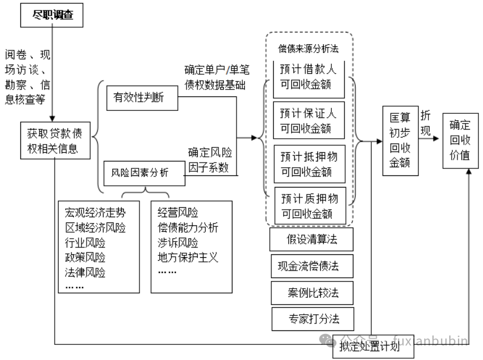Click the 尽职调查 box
(x=52, y=16)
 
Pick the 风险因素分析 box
(x=144, y=173)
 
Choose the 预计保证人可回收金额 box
(x=309, y=119)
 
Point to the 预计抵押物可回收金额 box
(x=309, y=164)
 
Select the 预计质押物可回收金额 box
(x=309, y=206)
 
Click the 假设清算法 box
(x=312, y=239)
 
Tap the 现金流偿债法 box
(x=312, y=267)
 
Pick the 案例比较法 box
(x=312, y=293)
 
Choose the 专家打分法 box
(x=313, y=319)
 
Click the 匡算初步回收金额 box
(x=399, y=140)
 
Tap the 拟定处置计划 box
(x=375, y=348)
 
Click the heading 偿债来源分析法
(x=309, y=46)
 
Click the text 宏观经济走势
(x=94, y=212)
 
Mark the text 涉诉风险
(x=177, y=242)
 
